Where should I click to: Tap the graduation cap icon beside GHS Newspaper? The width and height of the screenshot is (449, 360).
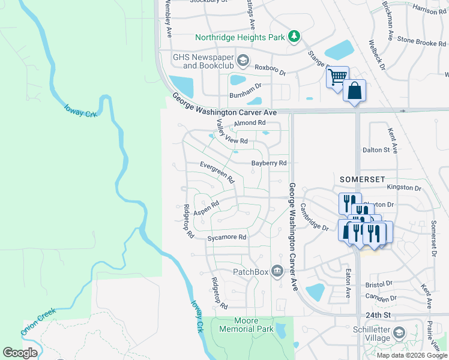tap(243, 60)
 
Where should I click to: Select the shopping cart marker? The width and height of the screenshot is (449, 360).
tap(337, 76)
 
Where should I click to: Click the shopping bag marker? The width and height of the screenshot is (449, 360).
tap(354, 91)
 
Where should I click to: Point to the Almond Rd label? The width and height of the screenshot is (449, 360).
tap(249, 123)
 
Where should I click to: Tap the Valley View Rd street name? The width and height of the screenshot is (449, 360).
tap(231, 134)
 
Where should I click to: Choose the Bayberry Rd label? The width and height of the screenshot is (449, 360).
tap(269, 163)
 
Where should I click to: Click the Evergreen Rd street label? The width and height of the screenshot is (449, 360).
tap(217, 173)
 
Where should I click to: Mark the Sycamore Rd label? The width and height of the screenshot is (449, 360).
tap(227, 238)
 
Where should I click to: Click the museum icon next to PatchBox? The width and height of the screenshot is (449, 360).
tap(277, 272)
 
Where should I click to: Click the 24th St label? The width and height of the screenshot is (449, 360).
tap(378, 314)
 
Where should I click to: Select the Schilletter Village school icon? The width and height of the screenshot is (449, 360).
tap(399, 332)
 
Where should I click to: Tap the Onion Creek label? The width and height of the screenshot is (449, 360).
tap(38, 322)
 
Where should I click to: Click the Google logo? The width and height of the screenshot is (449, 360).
tap(20, 353)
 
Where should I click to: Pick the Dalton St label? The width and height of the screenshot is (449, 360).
tap(376, 150)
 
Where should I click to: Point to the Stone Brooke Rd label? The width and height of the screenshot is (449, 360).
tap(423, 42)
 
